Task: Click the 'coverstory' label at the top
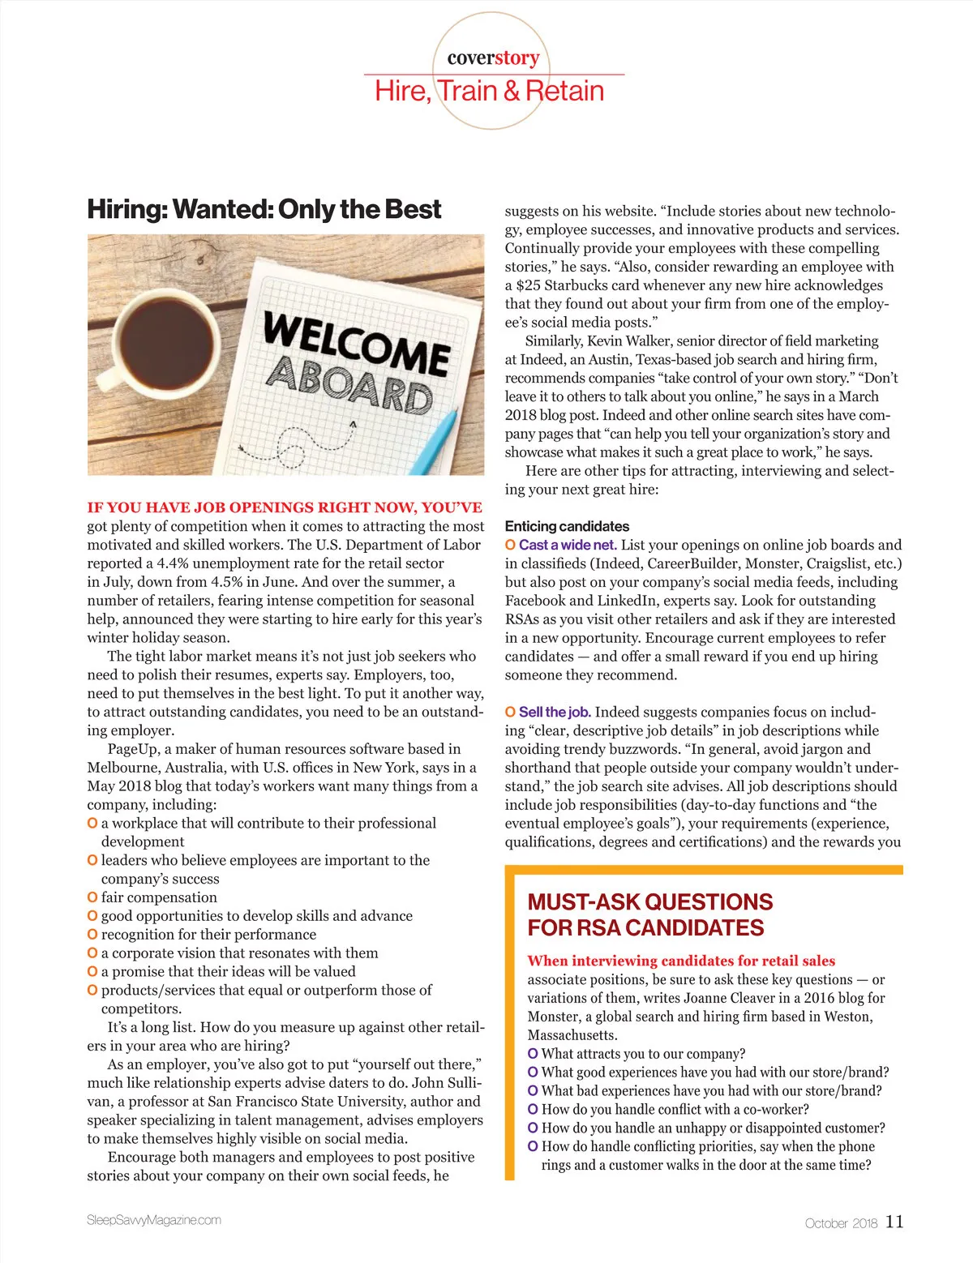pos(493,58)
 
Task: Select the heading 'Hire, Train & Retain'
pos(489,91)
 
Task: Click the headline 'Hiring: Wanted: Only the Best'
pos(264,209)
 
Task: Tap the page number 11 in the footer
pos(894,1221)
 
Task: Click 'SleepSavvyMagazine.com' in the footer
pos(154,1219)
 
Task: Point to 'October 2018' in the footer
pos(841,1222)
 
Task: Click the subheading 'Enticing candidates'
pos(567,526)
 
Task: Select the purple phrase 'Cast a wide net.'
pos(568,545)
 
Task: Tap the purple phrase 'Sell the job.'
pos(555,712)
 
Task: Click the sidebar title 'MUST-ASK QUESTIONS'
pos(649,901)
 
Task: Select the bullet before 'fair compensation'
pos(92,897)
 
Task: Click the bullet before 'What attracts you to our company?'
pos(533,1054)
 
